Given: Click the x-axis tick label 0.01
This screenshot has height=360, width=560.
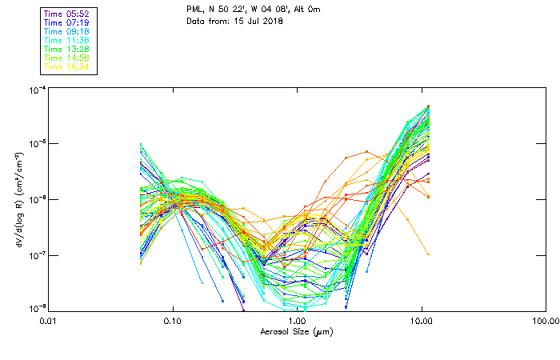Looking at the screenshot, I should [49, 321].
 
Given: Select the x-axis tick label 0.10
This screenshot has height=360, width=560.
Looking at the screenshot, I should [173, 321].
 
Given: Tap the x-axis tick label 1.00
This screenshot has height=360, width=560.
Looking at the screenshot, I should [298, 321].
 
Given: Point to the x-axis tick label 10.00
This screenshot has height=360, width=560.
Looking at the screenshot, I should [422, 321].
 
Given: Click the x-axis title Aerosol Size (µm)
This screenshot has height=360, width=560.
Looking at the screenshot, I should [297, 331].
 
